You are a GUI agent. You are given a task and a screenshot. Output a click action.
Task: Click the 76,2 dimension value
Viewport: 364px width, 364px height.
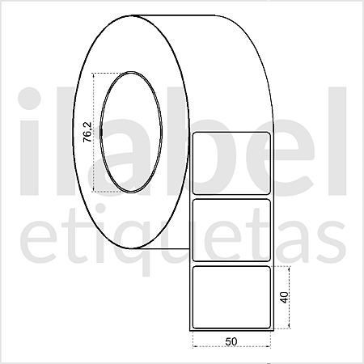87,132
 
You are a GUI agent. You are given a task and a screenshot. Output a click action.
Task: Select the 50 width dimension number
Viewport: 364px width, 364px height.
231,341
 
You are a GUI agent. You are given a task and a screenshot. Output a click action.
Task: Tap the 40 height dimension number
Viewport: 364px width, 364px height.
284,297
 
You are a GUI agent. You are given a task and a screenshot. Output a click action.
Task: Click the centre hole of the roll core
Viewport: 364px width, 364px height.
131,132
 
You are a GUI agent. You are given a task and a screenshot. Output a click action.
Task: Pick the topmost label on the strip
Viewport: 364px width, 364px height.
231,163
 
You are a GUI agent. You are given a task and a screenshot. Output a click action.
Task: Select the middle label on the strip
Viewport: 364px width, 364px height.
231,230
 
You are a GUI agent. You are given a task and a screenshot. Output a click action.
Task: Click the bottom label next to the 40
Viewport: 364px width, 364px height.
231,297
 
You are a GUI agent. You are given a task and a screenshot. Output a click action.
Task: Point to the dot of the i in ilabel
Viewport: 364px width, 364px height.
29,99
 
